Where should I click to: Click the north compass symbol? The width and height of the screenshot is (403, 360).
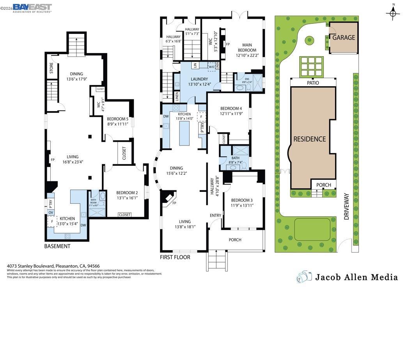point(392,13)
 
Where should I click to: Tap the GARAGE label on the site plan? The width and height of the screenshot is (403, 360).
point(343,38)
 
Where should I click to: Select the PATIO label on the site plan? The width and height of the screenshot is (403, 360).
point(313,83)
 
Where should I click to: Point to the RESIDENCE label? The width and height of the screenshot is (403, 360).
point(309,139)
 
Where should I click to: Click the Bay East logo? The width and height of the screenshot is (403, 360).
point(32,8)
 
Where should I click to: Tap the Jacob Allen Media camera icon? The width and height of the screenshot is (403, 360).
point(304,277)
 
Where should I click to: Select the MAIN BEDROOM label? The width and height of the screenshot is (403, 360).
point(247,50)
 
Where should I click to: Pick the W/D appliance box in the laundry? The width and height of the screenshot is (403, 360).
point(211,67)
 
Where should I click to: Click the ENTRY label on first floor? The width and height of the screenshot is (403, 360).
point(215,215)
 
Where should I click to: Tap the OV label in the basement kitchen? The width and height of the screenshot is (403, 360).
point(51,212)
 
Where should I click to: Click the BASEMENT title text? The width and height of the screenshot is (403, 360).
point(57,246)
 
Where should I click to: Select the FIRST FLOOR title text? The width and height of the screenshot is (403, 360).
point(175,257)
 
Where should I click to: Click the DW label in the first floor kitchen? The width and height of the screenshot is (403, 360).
point(166,116)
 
